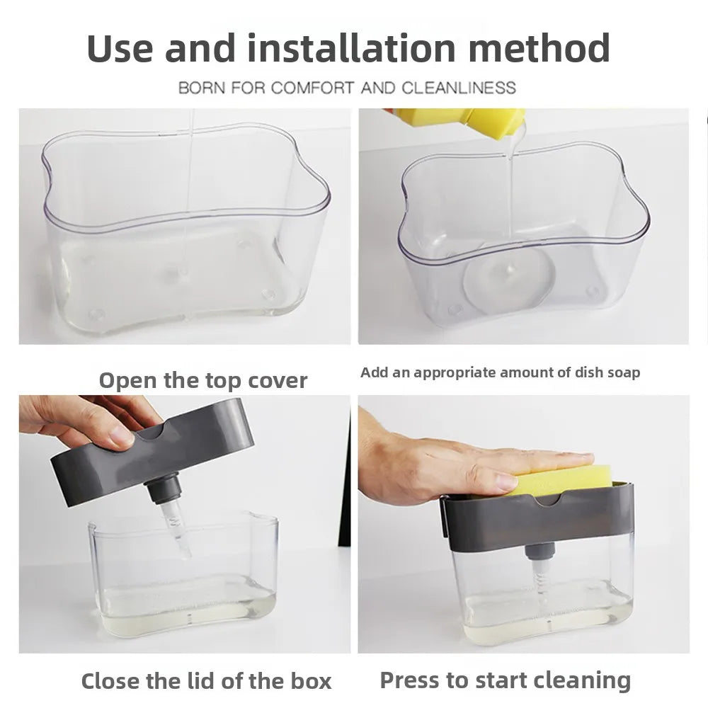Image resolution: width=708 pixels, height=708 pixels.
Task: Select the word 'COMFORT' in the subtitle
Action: pos(312,88)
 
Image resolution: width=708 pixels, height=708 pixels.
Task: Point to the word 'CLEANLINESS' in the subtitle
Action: pos(459,88)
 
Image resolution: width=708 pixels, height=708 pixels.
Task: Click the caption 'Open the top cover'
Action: pos(203,380)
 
